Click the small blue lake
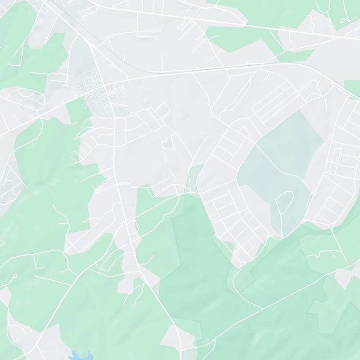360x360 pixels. [x=81, y=356]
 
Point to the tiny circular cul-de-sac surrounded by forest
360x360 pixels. [x=15, y=275]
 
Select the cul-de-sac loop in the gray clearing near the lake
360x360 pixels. [x=27, y=330]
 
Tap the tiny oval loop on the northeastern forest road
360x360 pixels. [x=344, y=20]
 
